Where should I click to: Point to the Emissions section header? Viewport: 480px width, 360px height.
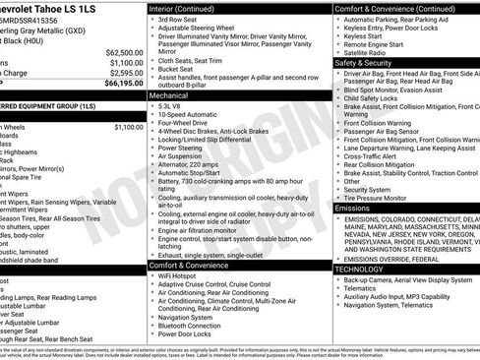point(353,209)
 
